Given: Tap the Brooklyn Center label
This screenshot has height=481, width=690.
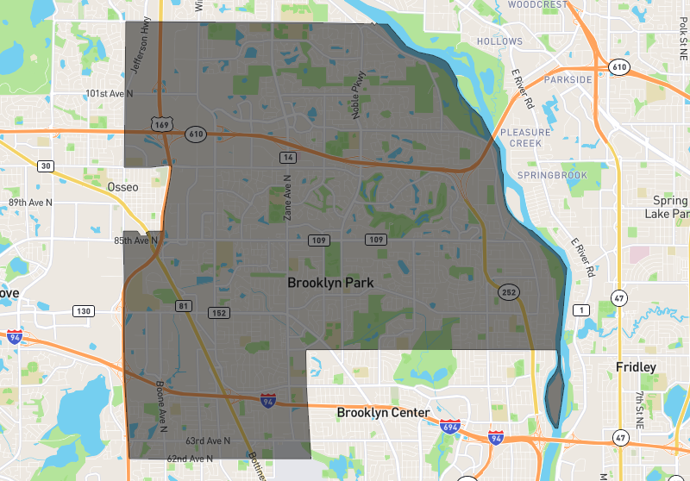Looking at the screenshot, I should [x=383, y=413].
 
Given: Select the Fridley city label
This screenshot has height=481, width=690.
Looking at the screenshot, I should [x=636, y=367].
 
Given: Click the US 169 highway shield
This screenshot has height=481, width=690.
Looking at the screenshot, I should [x=160, y=125].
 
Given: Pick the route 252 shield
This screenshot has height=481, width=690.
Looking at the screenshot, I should [x=507, y=293].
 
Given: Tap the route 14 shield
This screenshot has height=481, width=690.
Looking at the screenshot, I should [x=288, y=157].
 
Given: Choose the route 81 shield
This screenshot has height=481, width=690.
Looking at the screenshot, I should [x=183, y=306].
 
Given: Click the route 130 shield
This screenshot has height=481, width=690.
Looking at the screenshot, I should [x=83, y=311].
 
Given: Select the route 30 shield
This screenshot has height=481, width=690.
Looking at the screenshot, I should [x=46, y=166].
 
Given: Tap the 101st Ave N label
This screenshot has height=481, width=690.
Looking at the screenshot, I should [x=110, y=92].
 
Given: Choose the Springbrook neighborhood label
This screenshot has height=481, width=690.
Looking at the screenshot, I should [x=551, y=175].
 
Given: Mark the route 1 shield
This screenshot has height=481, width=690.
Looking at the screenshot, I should [x=583, y=309].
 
